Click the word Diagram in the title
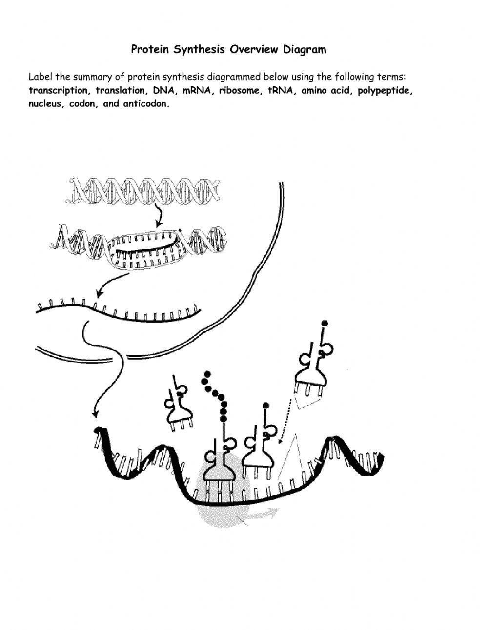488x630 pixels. pyautogui.click(x=304, y=49)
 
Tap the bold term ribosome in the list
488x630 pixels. pyautogui.click(x=239, y=90)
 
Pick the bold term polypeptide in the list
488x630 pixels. pyautogui.click(x=386, y=90)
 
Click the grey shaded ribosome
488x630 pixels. pyautogui.click(x=224, y=498)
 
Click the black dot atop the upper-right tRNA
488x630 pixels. pyautogui.click(x=325, y=323)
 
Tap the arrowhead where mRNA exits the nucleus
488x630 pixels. pyautogui.click(x=95, y=414)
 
